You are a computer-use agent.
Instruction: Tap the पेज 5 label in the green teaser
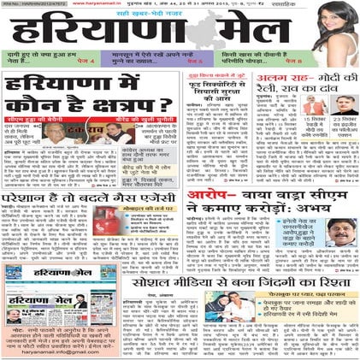(x=195, y=63)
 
